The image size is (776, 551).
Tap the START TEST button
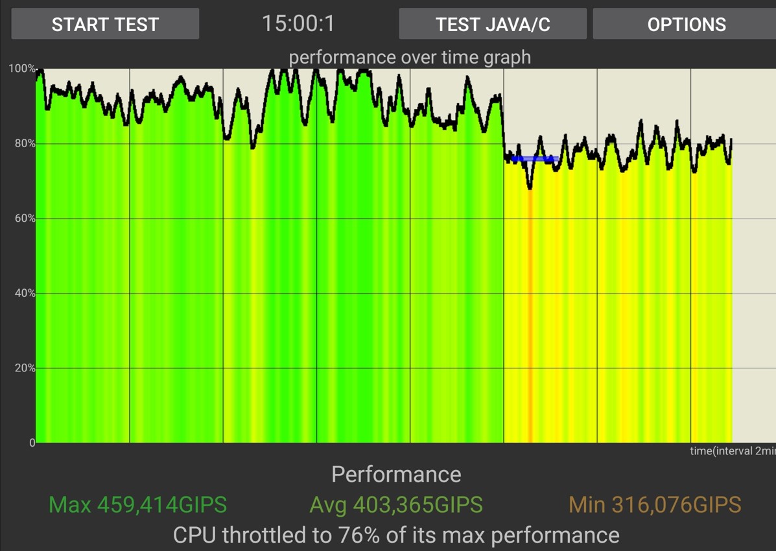tap(105, 24)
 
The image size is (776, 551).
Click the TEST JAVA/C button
tap(493, 24)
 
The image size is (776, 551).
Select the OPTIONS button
tap(686, 24)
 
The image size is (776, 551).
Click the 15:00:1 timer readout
tap(298, 24)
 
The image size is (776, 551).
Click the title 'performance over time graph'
tap(410, 57)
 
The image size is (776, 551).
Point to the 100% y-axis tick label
tap(22, 69)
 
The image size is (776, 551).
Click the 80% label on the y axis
tap(24, 144)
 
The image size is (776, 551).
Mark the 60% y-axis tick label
tap(24, 218)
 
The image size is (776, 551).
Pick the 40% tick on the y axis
tap(24, 294)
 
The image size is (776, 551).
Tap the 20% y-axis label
tap(24, 368)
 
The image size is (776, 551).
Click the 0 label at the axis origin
tap(31, 443)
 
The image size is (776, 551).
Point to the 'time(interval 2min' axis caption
tap(732, 451)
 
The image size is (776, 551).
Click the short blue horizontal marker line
tap(534, 159)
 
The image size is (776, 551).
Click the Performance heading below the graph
tap(396, 475)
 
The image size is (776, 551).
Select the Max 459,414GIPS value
tap(137, 504)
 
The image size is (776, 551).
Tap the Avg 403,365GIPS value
tap(396, 504)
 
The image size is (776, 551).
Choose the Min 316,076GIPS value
tap(655, 504)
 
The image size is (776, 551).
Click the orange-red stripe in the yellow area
tap(530, 324)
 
